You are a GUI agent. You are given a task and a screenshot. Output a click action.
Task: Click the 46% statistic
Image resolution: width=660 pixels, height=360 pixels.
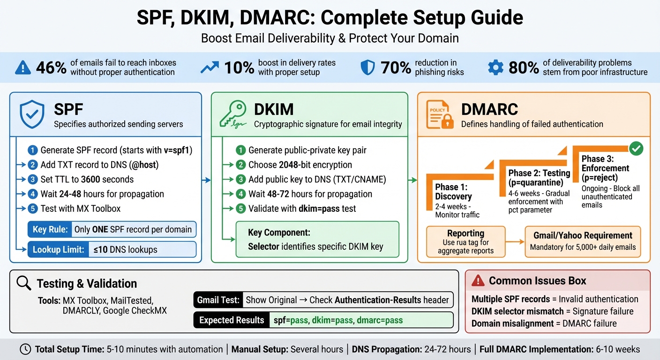(51, 67)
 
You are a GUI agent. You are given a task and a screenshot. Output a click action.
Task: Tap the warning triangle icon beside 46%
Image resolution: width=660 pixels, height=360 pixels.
(23, 68)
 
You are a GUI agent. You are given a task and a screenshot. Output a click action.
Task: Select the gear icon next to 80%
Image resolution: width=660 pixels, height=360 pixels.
(495, 67)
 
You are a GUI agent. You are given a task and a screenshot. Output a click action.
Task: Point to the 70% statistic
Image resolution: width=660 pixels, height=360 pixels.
(396, 67)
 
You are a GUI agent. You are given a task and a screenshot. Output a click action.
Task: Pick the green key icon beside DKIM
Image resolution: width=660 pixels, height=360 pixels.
(233, 115)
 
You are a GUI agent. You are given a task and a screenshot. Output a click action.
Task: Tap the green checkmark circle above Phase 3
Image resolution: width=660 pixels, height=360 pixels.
(636, 149)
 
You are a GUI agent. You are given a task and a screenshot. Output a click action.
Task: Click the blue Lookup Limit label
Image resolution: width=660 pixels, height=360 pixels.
(58, 250)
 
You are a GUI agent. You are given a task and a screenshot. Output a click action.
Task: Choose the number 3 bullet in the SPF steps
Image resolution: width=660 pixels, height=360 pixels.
(32, 180)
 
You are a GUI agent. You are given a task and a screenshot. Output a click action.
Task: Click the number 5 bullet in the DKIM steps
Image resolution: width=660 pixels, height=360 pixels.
(240, 209)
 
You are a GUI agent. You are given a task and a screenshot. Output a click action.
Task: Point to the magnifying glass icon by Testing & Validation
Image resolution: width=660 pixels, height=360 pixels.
(23, 283)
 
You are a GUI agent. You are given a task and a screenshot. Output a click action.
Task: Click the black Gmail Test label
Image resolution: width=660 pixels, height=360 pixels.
(218, 300)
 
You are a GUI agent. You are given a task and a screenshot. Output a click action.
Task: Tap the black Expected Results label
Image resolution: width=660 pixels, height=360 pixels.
(232, 321)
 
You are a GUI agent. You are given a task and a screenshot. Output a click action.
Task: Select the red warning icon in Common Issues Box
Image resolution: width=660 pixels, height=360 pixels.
(478, 281)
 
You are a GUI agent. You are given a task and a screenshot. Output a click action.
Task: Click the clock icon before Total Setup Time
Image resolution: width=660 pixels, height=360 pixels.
(26, 349)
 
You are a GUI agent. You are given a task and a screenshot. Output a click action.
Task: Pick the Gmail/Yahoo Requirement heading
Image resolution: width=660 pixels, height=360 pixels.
(583, 235)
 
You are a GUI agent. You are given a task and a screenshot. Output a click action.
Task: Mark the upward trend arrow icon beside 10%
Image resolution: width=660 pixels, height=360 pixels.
(210, 68)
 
